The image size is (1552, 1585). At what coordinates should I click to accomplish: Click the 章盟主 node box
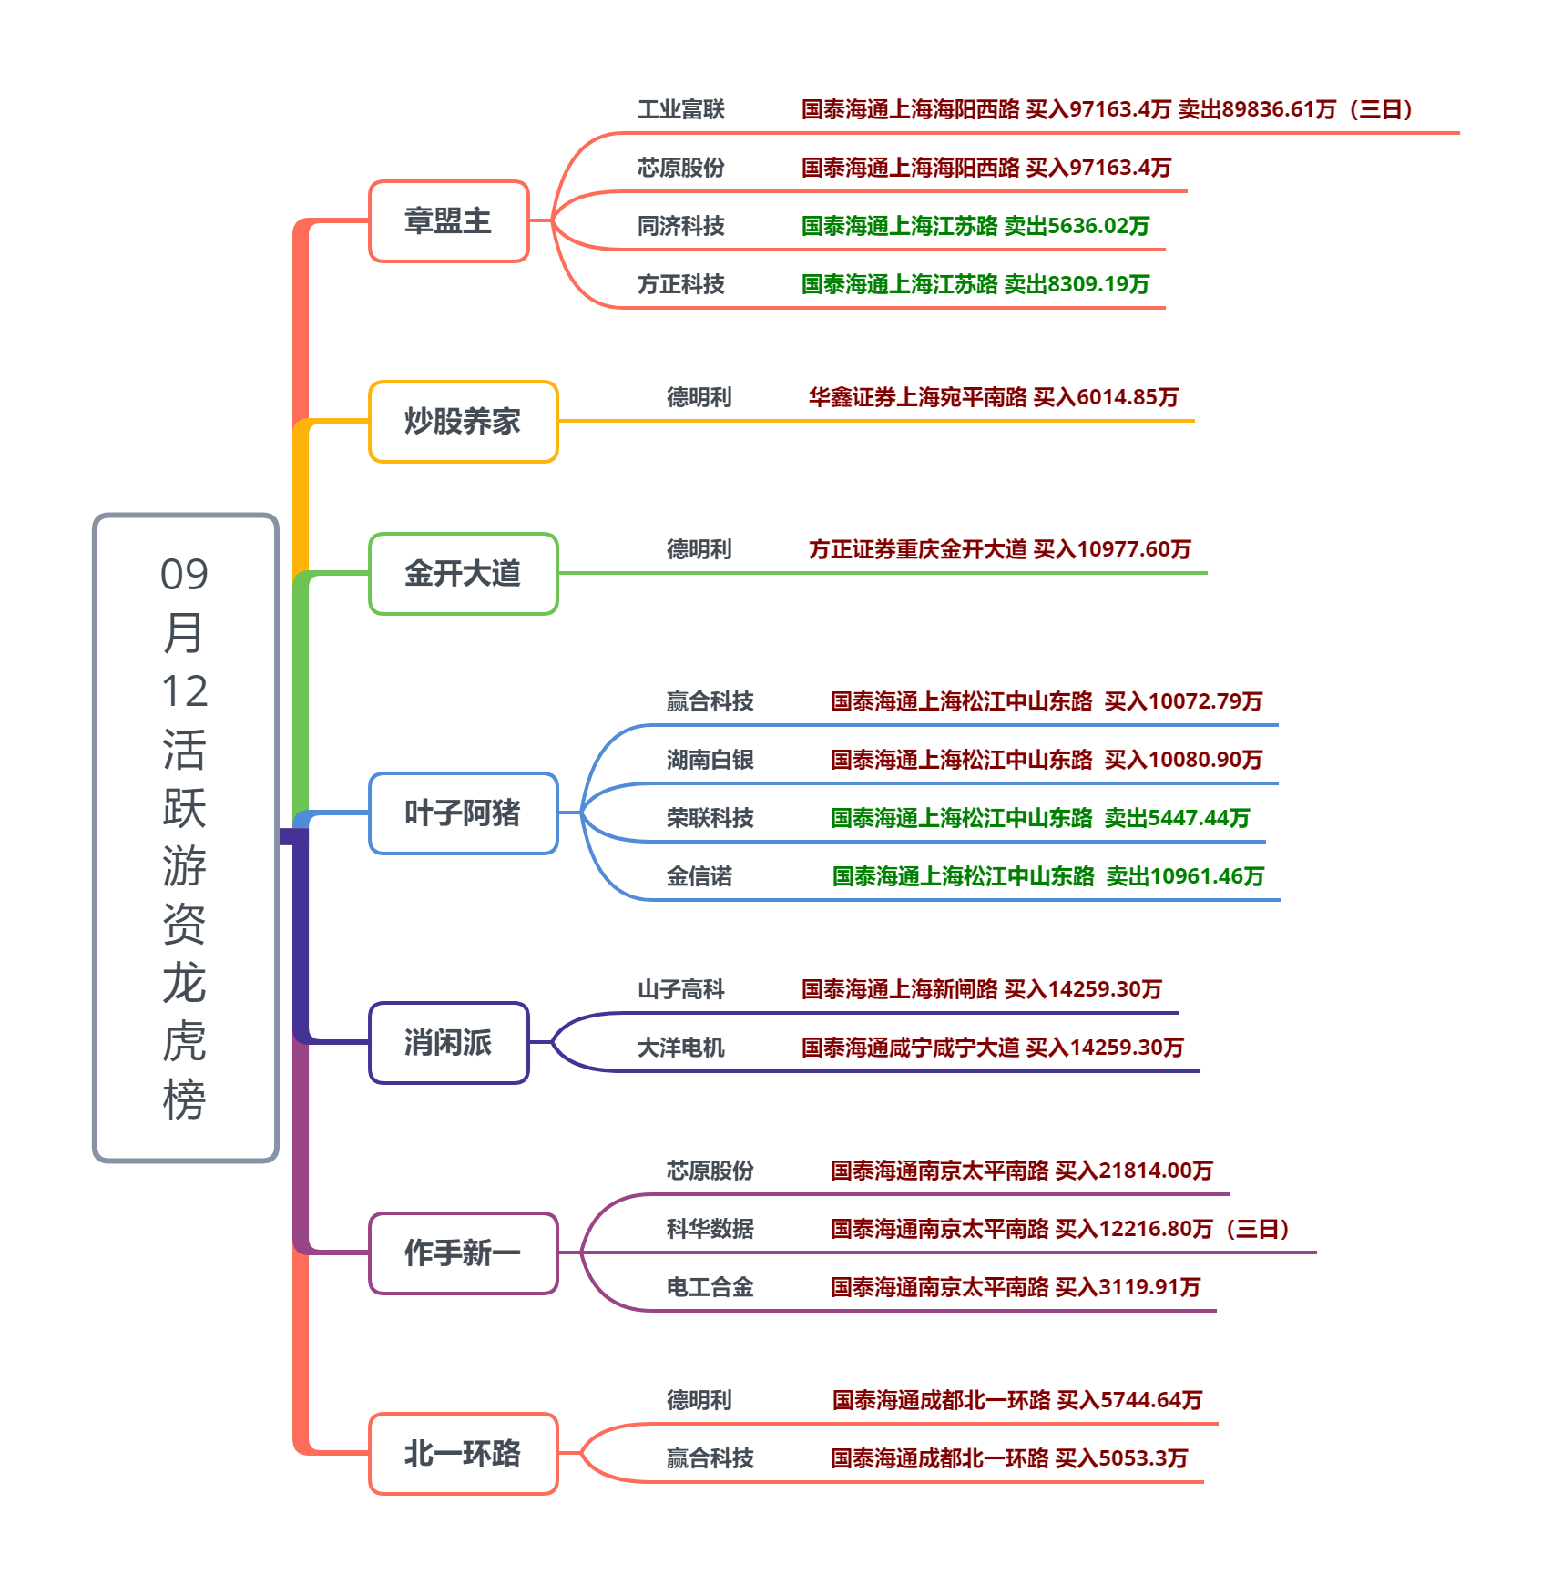coord(448,221)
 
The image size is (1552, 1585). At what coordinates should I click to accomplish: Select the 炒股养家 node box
coord(463,422)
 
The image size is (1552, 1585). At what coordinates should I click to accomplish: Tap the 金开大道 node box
coord(463,574)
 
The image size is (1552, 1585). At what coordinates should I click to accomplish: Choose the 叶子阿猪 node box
coord(463,813)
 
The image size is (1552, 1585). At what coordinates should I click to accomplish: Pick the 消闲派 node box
coord(448,1043)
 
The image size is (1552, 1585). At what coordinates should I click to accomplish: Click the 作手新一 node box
coord(463,1253)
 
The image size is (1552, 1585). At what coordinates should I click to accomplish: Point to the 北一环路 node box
coord(463,1454)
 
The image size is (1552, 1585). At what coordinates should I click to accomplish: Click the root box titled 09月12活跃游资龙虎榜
coord(185,837)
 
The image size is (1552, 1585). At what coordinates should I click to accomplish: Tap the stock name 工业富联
coord(680,110)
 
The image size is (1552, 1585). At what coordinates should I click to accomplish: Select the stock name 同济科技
coord(680,227)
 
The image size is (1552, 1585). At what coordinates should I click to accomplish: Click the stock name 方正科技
coord(680,285)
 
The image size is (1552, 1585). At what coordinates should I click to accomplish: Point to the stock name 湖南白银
coord(710,760)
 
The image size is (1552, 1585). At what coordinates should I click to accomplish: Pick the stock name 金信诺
coord(699,876)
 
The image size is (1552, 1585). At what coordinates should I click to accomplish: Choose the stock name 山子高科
coord(680,989)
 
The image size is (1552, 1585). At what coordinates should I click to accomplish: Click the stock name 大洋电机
coord(680,1048)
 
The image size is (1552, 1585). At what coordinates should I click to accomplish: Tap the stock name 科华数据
coord(710,1229)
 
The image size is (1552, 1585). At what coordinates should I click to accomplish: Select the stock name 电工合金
coord(710,1287)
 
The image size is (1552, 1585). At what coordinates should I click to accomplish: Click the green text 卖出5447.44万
coord(1177,818)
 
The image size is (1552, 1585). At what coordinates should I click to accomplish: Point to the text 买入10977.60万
coord(1112,549)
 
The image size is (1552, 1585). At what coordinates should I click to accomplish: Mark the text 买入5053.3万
coord(1121,1458)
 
